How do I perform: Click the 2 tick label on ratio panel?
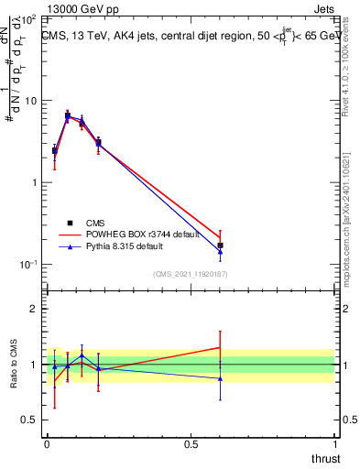[35, 309]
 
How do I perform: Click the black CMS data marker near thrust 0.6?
[221, 245]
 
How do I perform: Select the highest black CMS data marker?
[68, 116]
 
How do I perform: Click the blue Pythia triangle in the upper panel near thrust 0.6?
[221, 252]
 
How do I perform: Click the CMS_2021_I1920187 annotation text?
[190, 274]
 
